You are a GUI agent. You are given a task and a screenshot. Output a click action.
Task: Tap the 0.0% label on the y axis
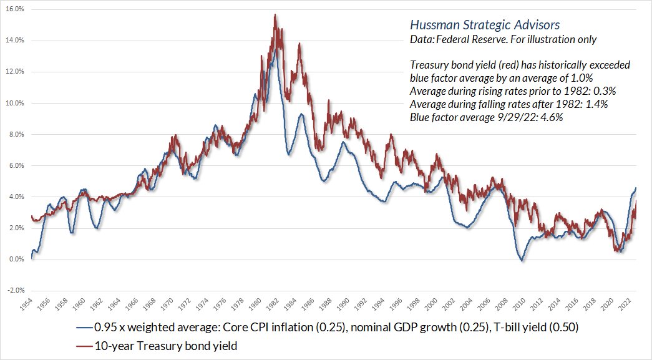15,259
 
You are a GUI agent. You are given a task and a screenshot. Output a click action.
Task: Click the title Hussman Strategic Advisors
484,26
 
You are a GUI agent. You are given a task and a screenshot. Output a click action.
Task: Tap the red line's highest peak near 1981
275,14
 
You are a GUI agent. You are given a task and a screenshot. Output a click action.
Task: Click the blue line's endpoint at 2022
636,188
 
